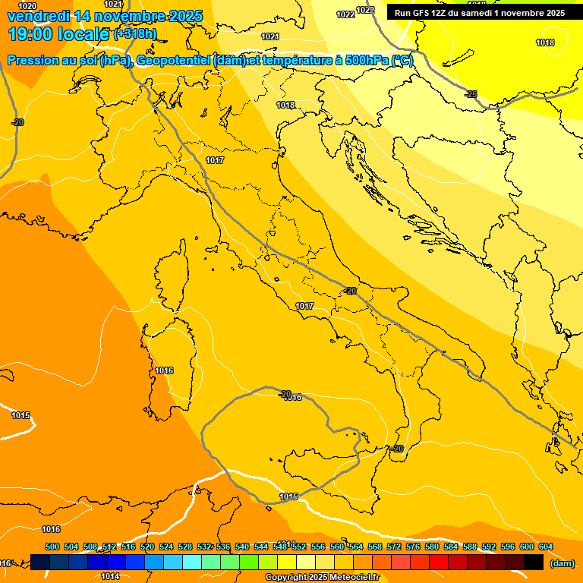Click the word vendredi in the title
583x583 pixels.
click(x=36, y=16)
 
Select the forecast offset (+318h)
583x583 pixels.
click(x=135, y=34)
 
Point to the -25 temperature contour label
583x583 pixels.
click(x=471, y=94)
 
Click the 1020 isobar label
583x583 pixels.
click(x=27, y=6)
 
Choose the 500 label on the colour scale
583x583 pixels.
click(x=52, y=547)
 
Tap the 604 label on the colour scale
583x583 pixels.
click(x=546, y=547)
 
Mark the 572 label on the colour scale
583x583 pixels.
click(x=394, y=547)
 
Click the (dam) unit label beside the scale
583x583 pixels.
click(x=562, y=563)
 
